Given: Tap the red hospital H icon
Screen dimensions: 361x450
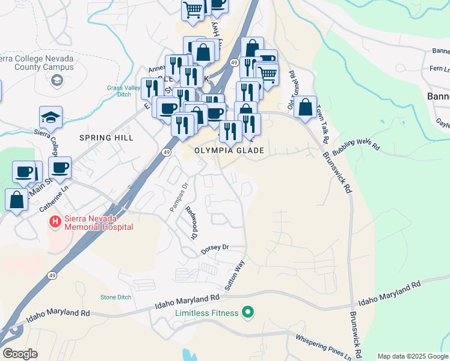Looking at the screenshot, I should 55,223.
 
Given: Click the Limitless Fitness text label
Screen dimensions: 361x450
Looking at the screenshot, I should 206,313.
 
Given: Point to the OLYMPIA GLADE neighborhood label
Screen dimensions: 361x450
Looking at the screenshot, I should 230,150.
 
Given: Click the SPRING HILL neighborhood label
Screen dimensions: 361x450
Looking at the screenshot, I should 105,138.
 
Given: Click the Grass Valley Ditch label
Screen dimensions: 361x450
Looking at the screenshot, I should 123,91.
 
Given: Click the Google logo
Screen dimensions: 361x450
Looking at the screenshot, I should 20,354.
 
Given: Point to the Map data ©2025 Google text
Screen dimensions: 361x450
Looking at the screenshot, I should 413,356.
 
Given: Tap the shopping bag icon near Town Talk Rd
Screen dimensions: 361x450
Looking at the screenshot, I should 306,108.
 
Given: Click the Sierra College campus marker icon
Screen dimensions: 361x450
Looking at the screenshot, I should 58,81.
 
